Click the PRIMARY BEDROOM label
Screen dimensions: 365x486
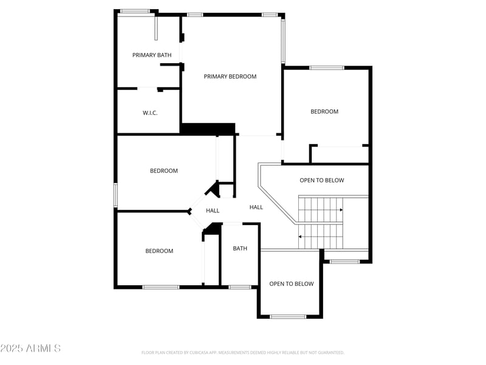230,77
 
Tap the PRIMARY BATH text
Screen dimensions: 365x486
152,55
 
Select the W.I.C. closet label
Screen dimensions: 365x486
150,113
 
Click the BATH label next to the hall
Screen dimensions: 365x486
240,248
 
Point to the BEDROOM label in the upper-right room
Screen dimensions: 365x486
324,111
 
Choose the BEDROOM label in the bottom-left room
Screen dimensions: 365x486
159,251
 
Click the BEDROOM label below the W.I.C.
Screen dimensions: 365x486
164,170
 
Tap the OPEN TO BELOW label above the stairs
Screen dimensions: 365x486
322,180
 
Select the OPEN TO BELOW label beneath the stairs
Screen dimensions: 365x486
292,283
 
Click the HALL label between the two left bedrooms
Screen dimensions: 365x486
213,210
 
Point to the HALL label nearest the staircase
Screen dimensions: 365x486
256,207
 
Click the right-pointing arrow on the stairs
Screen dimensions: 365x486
341,210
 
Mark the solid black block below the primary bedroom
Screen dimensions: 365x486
208,129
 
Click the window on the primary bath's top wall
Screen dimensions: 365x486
134,11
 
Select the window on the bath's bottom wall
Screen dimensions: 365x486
240,287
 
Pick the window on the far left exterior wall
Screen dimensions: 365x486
115,195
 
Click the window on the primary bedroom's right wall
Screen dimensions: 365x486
283,41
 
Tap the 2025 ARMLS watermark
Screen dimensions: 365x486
30,349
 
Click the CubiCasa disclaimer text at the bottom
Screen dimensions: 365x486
243,352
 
